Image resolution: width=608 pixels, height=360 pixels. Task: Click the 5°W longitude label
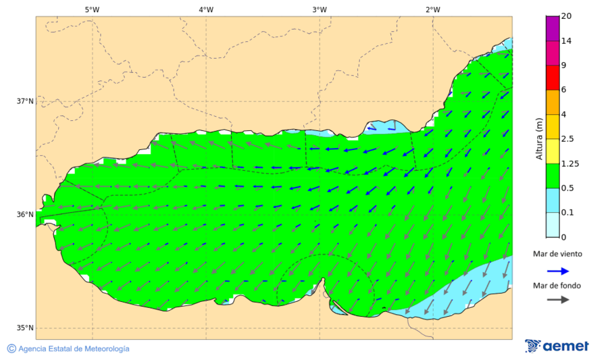click(x=93, y=9)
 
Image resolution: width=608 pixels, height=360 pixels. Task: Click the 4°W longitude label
click(x=206, y=9)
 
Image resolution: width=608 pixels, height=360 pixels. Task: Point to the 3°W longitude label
click(x=320, y=9)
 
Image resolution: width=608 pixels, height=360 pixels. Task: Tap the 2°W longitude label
click(x=433, y=9)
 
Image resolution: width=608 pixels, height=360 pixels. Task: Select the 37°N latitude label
click(x=24, y=101)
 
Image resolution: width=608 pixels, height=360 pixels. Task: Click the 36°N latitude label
click(x=24, y=215)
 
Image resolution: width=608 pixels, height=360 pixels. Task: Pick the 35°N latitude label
click(x=24, y=328)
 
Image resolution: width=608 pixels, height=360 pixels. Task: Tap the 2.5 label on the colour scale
click(x=568, y=139)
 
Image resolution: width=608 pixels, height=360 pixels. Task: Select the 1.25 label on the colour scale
click(x=570, y=163)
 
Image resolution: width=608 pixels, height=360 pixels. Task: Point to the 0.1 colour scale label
click(x=568, y=213)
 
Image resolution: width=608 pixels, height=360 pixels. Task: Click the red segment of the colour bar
click(x=553, y=78)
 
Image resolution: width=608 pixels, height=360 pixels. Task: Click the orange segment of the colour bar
click(x=553, y=102)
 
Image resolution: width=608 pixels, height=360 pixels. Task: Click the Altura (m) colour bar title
click(x=539, y=138)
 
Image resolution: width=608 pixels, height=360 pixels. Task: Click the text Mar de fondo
click(x=557, y=286)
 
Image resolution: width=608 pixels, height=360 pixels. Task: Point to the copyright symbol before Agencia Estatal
click(x=11, y=349)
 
